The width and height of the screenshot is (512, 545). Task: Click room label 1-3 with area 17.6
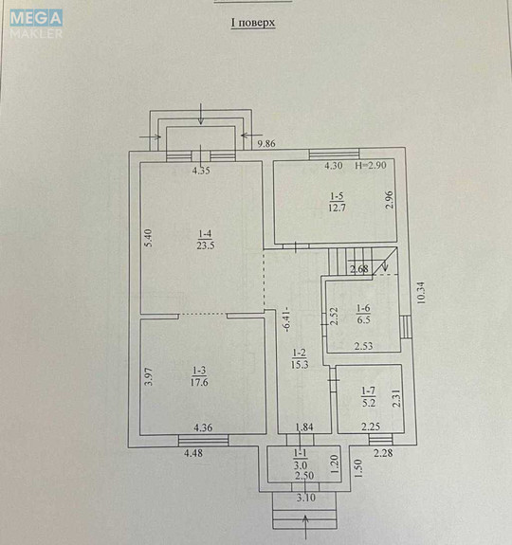point(198,377)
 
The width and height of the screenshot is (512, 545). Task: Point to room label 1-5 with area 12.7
point(337,201)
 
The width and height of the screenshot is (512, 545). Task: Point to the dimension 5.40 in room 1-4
point(149,239)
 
